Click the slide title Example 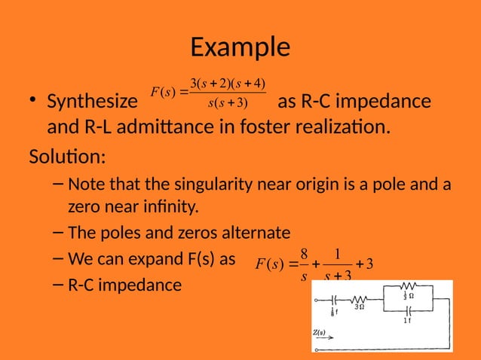point(240,47)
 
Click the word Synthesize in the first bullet point(90,102)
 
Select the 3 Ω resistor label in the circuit point(360,307)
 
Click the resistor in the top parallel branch point(408,286)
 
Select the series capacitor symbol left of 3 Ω point(334,299)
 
